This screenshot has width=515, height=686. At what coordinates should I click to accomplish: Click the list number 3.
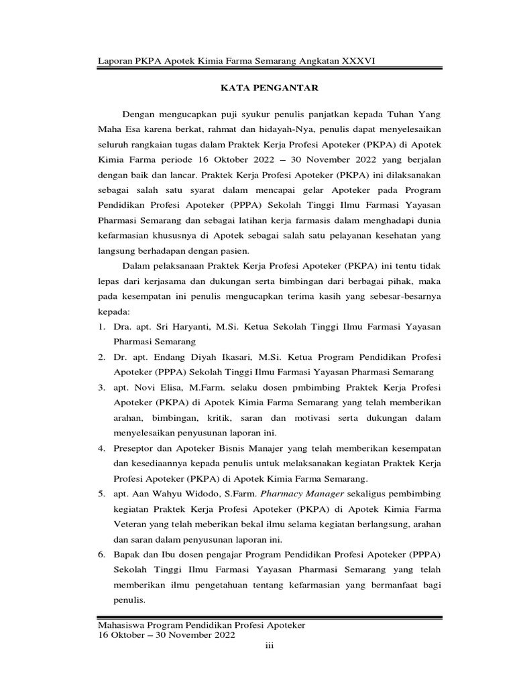tap(101, 388)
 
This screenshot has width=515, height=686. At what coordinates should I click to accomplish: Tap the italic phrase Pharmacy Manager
tap(298, 494)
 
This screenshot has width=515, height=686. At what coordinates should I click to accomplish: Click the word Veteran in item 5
tap(131, 525)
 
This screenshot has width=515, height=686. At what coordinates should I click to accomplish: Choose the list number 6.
tap(101, 555)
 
